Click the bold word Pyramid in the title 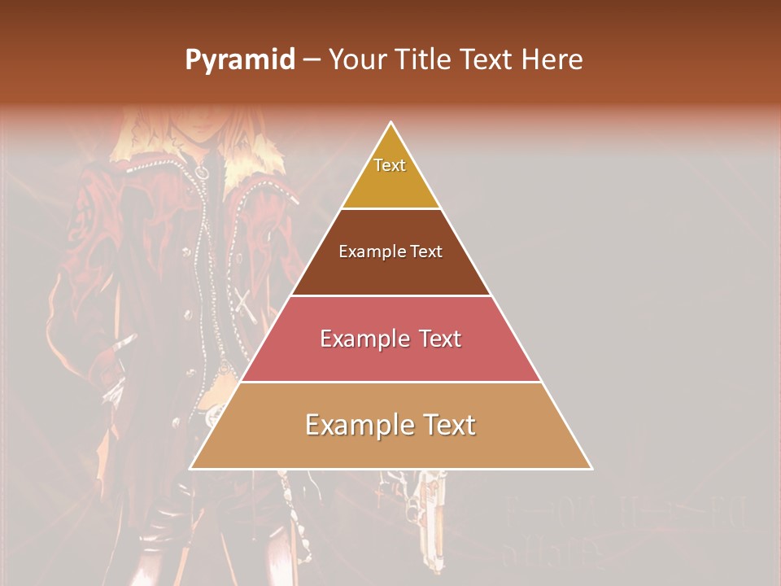[239, 60]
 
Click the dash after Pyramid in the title [312, 60]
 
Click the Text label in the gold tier [390, 165]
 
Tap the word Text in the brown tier [426, 251]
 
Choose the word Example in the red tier [359, 339]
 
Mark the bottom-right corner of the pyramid [591, 469]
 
